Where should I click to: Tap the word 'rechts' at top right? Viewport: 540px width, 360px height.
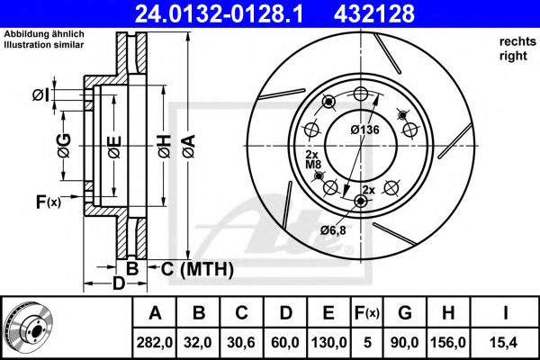(x=513, y=41)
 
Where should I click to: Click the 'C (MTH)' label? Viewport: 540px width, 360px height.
(x=197, y=268)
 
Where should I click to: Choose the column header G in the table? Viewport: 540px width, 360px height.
(x=404, y=312)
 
